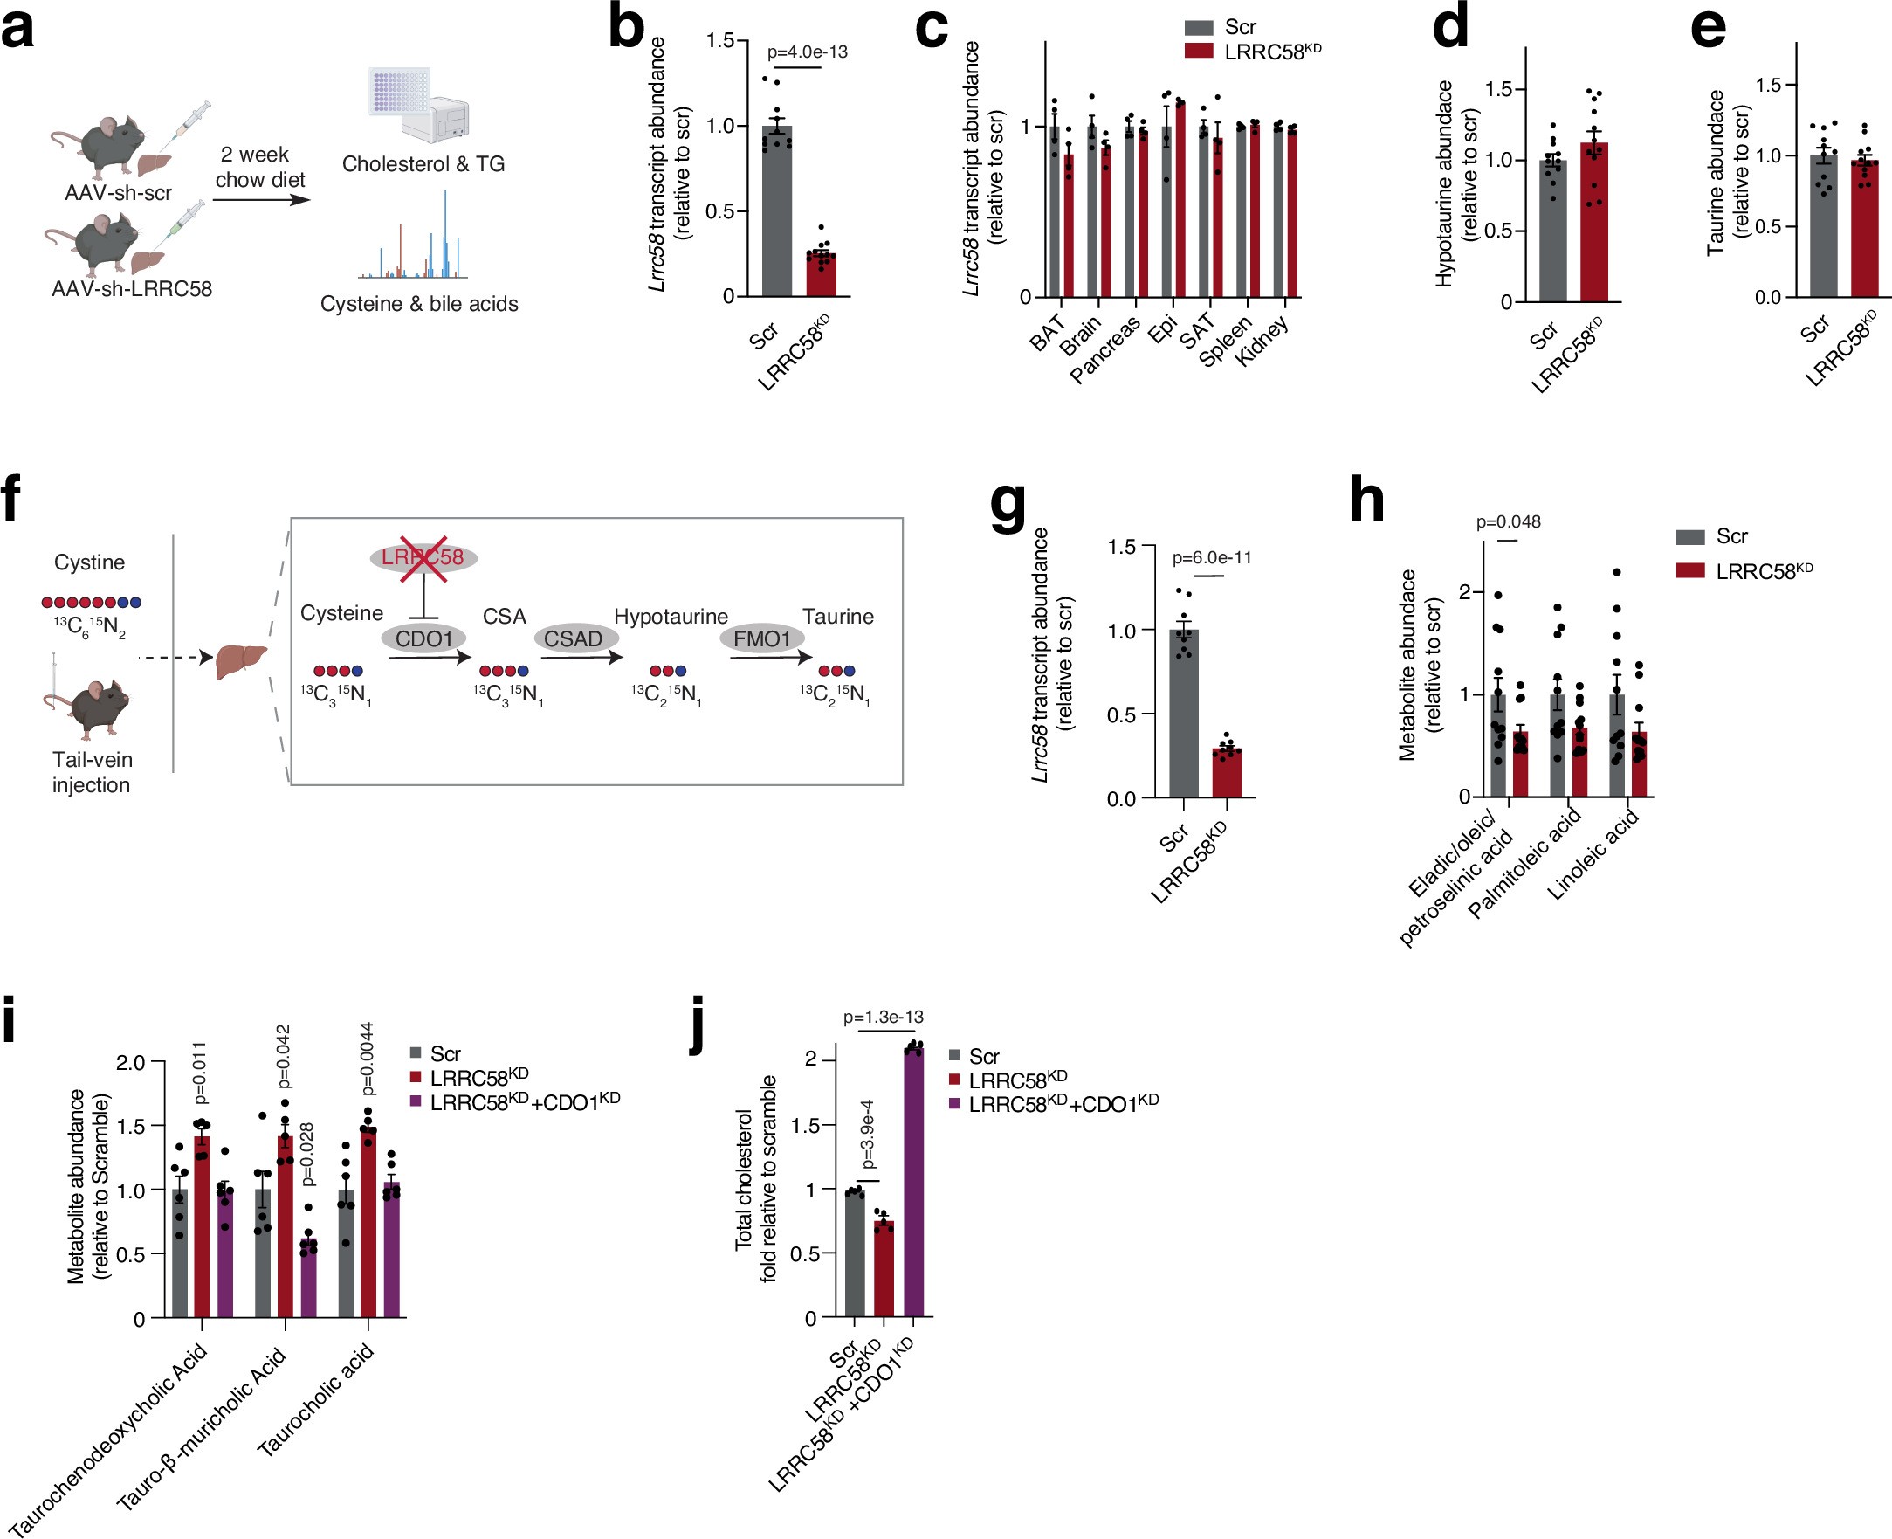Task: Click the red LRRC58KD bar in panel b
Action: [x=821, y=274]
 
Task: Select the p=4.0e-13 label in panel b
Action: [x=807, y=52]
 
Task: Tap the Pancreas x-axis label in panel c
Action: [x=1104, y=350]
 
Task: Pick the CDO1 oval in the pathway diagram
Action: [x=423, y=639]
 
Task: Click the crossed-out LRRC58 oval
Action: [x=423, y=557]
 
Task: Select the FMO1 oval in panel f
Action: [x=761, y=638]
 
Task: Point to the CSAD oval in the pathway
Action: [x=574, y=638]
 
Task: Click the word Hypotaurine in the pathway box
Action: [x=671, y=616]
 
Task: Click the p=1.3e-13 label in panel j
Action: [x=883, y=1017]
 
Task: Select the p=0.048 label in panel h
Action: [x=1509, y=522]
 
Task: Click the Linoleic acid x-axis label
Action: [x=1593, y=855]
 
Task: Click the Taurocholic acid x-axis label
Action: [x=315, y=1401]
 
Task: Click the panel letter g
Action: [x=1008, y=507]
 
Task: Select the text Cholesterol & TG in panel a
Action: [x=423, y=164]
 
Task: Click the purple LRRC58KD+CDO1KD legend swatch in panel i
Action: [x=415, y=1101]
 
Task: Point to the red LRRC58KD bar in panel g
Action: [x=1227, y=773]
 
